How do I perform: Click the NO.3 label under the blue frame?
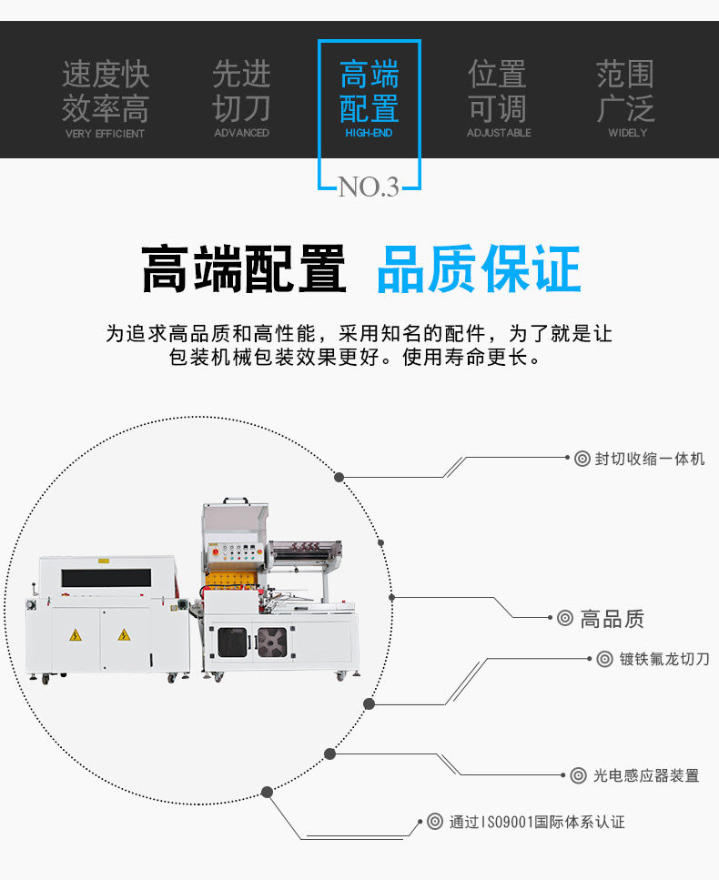tap(369, 187)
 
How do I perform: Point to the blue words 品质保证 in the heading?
tap(478, 269)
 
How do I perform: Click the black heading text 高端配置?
tap(244, 269)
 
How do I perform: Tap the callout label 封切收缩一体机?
tap(650, 459)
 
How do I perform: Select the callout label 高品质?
tap(612, 620)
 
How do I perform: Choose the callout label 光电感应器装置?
tap(646, 775)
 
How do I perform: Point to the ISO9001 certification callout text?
tap(537, 822)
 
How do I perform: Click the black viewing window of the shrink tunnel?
tap(106, 577)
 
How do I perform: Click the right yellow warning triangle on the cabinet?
tap(122, 634)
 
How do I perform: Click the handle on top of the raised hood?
tap(235, 502)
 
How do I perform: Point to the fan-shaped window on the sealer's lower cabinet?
tap(270, 642)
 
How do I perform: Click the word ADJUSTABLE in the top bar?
tap(499, 133)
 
